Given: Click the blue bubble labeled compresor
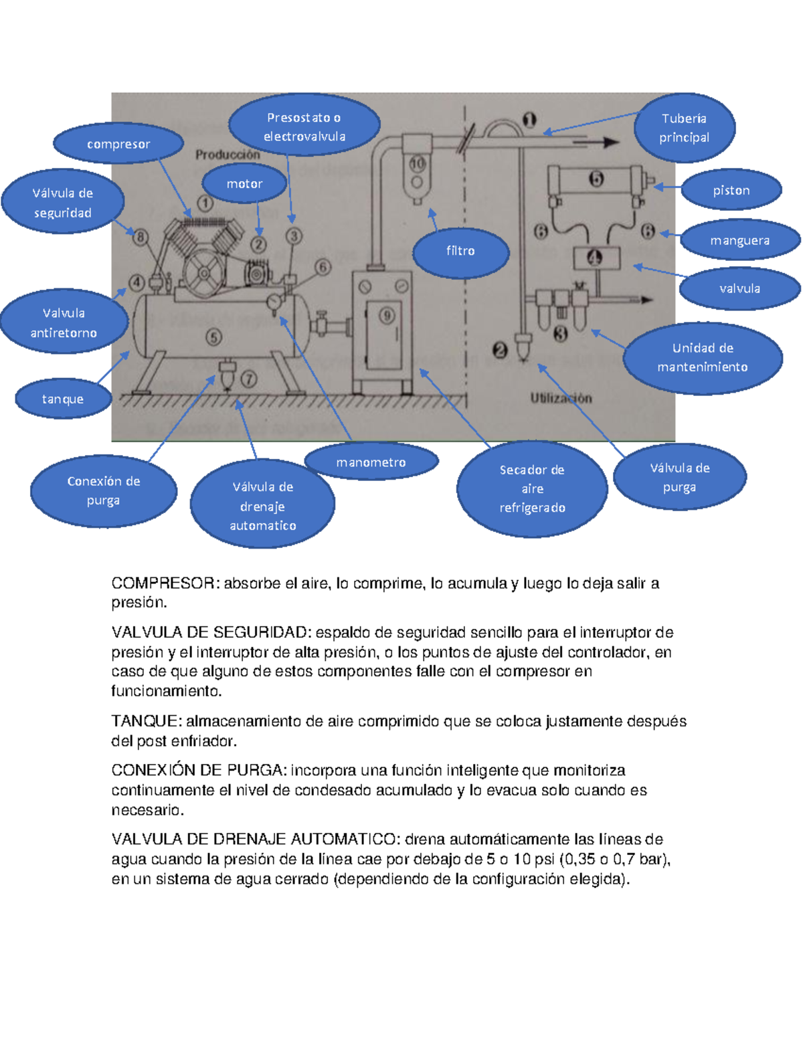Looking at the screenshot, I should point(118,144).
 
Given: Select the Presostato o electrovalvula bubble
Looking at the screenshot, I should point(304,126).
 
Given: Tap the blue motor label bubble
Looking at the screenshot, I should point(244,183).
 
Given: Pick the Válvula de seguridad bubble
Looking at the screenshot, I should point(63,202).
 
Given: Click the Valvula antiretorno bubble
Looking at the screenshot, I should point(64,322).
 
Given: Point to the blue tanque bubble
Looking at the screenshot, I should point(63,399).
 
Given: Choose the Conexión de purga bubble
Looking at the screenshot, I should point(104,490).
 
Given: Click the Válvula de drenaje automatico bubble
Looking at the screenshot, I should point(263,505).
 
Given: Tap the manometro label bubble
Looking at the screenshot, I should point(371,462).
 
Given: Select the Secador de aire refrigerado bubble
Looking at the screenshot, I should point(532,488).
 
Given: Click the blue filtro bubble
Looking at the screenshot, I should point(460,251).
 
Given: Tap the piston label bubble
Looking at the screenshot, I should point(731,190).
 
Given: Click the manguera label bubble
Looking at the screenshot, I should point(739,240).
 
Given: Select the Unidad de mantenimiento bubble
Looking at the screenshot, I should point(703,357).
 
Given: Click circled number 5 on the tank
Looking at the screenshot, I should point(213,337).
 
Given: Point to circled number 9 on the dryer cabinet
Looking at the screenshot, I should point(387,316).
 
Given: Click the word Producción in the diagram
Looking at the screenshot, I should point(228,155).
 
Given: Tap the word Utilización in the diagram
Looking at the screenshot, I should point(561,398).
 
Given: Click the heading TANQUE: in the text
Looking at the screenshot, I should point(146,721).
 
